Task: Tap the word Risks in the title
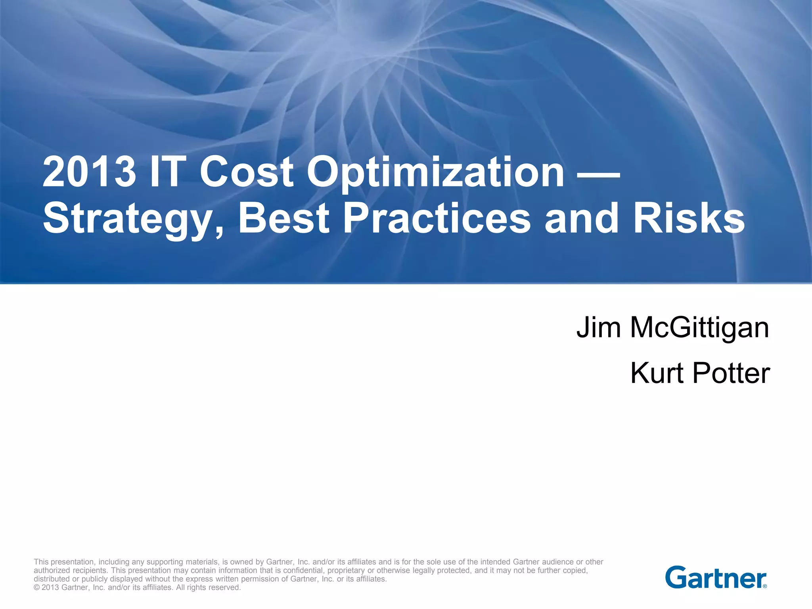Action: pyautogui.click(x=689, y=219)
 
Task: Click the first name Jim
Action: pyautogui.click(x=598, y=327)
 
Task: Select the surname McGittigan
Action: pyautogui.click(x=699, y=328)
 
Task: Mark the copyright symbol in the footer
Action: pyautogui.click(x=36, y=588)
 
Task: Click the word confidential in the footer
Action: pyautogui.click(x=303, y=571)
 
